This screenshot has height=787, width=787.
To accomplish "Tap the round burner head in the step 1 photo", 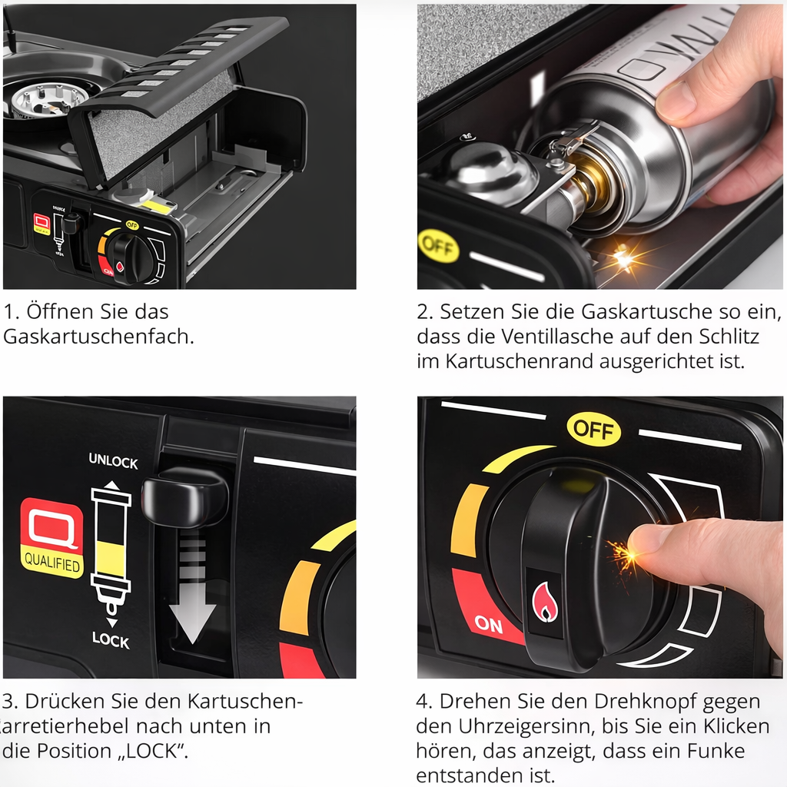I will (48, 98).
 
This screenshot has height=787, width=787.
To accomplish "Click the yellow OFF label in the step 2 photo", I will (438, 247).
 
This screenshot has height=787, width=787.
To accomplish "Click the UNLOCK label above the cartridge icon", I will (113, 461).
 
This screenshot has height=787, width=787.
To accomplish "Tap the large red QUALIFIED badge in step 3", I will (51, 538).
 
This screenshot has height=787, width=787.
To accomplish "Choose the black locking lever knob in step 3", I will (185, 497).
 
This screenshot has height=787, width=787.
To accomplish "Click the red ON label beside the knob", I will (489, 624).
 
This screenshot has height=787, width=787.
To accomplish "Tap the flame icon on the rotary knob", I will (545, 602).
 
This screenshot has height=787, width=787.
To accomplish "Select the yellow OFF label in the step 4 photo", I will (593, 429).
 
